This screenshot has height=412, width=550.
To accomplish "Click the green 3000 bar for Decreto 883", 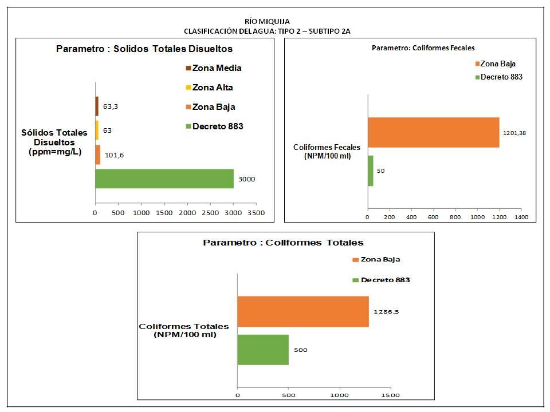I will tap(164, 179).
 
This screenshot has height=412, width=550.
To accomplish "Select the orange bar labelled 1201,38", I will tap(433, 132).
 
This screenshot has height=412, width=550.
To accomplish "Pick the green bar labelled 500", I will tap(263, 350).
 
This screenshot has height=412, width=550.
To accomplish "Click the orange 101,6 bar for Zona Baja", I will tap(98, 154).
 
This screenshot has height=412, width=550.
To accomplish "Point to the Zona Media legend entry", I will tap(213, 68).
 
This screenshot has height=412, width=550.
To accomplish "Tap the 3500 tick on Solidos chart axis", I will tap(256, 213).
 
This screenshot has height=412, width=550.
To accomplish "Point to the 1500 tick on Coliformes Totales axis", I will tap(391, 395).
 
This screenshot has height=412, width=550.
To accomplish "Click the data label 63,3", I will tap(111, 106).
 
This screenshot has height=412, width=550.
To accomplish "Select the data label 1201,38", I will tap(515, 133).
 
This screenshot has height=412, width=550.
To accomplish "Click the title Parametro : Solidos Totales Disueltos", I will tap(144, 49).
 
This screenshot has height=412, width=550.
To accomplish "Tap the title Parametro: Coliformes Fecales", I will tap(423, 48).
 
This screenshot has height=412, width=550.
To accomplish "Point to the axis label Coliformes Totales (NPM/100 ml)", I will tap(183, 330).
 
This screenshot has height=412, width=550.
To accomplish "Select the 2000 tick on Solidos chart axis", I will tap(187, 213).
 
